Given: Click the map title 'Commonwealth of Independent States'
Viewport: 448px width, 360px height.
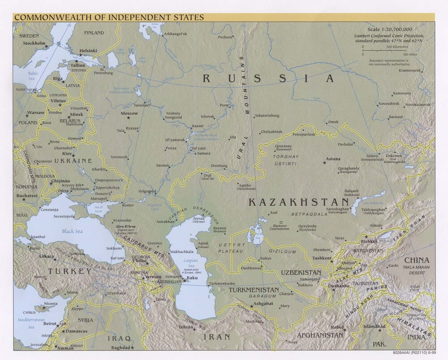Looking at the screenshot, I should [x=109, y=17].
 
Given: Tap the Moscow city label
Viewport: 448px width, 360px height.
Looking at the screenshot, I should [x=129, y=114].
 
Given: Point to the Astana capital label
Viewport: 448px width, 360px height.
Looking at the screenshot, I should [x=333, y=159].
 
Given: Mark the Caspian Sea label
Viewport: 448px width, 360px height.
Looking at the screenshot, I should [x=187, y=262].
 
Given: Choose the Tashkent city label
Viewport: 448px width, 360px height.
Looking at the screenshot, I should [x=323, y=258].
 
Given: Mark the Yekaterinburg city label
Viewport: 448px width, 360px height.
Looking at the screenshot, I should [x=267, y=116].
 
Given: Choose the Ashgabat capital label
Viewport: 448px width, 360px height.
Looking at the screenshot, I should [x=263, y=303].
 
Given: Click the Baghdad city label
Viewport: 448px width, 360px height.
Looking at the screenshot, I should [x=121, y=347].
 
